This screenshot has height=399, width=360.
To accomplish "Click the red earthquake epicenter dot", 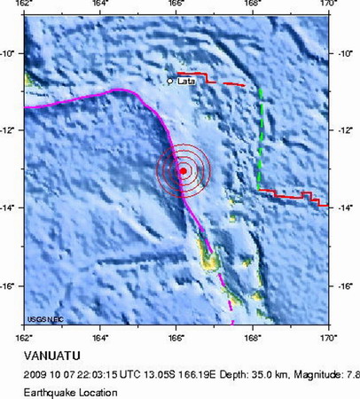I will (183, 169).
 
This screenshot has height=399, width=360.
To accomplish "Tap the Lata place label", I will (186, 82).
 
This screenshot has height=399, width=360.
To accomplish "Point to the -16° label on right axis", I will (345, 286).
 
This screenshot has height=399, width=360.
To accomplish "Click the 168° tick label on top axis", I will (253, 5).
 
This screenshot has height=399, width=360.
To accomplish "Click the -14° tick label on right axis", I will (345, 207).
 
